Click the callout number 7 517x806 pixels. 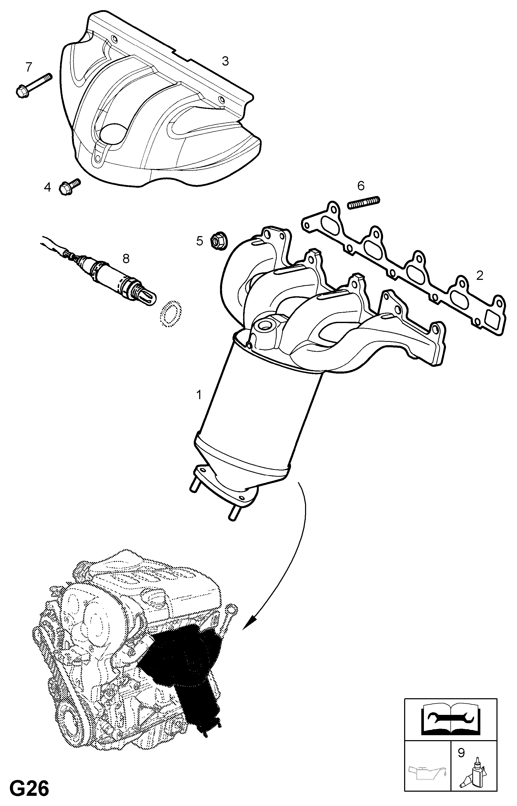click(x=29, y=67)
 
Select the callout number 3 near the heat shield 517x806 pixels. click(x=225, y=61)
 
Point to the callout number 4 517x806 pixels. click(x=47, y=187)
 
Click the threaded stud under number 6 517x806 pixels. click(x=364, y=203)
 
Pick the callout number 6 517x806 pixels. click(x=361, y=185)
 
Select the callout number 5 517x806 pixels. click(x=200, y=241)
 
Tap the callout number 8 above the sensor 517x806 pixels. click(x=126, y=258)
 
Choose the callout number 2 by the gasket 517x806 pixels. click(x=480, y=276)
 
